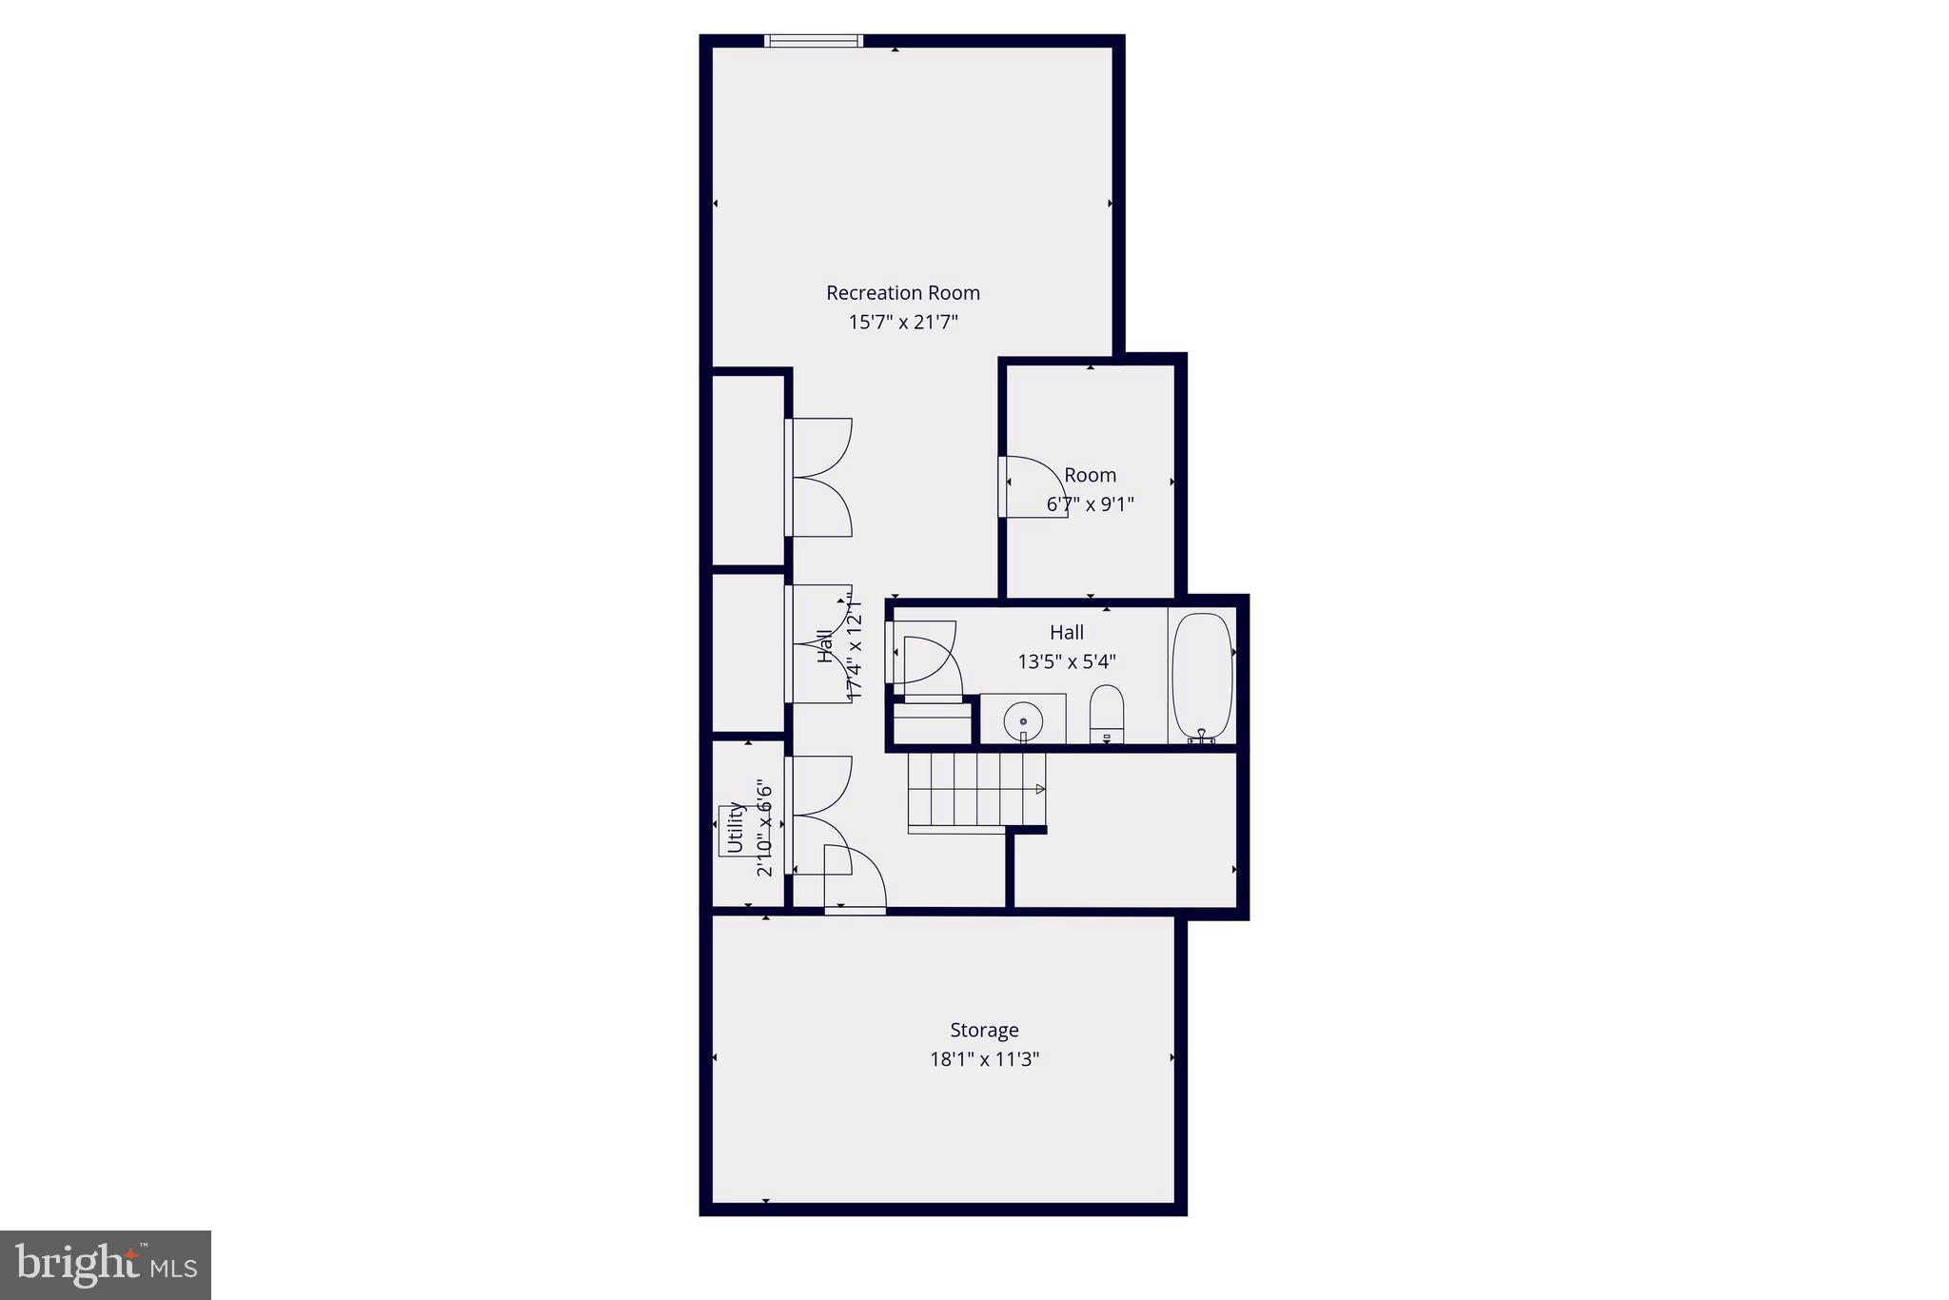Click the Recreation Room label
pos(902,293)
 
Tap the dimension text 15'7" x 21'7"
pos(902,323)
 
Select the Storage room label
pos(984,1030)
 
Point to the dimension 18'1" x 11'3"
pos(984,1059)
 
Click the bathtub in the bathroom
pos(1202,675)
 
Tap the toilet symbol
pos(1106,712)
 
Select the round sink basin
pos(1023,720)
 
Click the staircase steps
pos(966,789)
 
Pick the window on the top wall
pos(814,41)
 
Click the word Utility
pos(735,827)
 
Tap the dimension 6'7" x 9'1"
pos(1090,504)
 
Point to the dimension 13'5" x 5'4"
pos(1066,661)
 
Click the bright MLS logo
pos(106,1265)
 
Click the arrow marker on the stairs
pos(1039,789)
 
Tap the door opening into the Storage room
pos(855,881)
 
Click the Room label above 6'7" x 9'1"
pos(1090,475)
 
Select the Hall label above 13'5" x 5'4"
pos(1066,632)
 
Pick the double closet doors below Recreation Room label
pos(820,478)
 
